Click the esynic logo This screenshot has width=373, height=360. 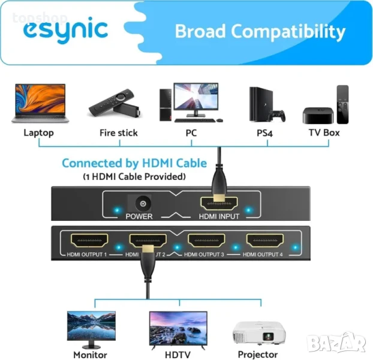coord(66,30)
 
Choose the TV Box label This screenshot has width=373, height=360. coord(323,133)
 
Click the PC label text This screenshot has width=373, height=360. coord(191,133)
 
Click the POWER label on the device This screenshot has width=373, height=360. coord(139,217)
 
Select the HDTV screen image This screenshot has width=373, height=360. coord(178,328)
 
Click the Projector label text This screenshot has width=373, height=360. coord(258,355)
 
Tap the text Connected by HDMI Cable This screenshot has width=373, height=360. coord(134,163)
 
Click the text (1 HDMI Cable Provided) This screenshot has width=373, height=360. coord(134,177)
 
